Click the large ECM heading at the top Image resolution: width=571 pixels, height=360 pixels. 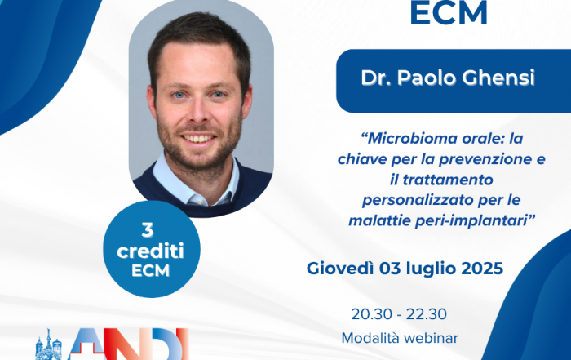point(449,13)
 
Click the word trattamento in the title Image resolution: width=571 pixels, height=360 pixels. point(448,180)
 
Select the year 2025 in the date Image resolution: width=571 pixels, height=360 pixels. point(482,269)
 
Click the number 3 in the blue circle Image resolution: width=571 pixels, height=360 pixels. point(148,230)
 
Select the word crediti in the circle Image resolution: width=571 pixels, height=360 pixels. point(150,251)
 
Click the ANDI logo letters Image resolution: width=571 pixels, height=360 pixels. point(129,344)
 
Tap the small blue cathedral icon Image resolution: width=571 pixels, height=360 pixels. point(48,345)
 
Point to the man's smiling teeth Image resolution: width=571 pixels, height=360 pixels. point(198,139)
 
